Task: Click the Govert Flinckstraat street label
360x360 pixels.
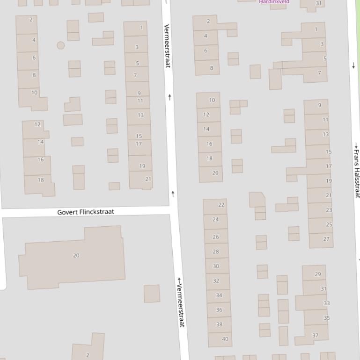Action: (x=86, y=212)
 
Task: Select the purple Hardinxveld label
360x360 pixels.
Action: (x=274, y=2)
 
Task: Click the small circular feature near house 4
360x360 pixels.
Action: (x=60, y=45)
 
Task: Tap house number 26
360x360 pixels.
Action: (x=216, y=237)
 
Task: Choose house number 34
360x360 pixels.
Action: (x=219, y=295)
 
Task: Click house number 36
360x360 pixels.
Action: (x=219, y=310)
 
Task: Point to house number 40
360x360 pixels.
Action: (x=225, y=339)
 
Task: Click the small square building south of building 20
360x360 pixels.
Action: (x=152, y=294)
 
